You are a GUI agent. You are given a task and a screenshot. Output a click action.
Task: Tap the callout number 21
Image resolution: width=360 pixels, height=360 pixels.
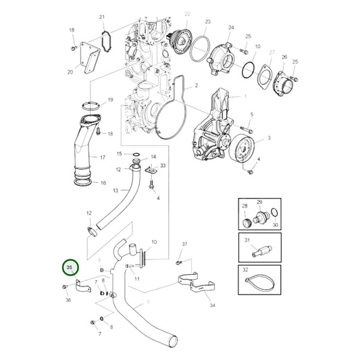coord(102,16)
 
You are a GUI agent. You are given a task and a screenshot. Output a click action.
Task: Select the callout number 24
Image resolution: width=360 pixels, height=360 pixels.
coord(231,28)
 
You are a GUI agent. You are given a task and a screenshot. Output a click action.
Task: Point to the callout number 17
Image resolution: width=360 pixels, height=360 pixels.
coord(103,158)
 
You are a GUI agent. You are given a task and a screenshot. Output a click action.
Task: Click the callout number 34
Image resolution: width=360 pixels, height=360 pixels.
coord(213,305)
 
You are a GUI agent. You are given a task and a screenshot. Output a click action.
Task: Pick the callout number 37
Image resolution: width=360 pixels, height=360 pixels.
coord(184,243)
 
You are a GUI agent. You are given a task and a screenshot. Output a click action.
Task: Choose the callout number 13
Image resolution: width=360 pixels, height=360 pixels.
coord(115,191)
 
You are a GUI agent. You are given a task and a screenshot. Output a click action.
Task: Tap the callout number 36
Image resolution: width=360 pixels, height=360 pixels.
coord(68,300)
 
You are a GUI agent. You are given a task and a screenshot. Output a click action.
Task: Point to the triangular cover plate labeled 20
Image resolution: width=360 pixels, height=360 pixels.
coord(88,58)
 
